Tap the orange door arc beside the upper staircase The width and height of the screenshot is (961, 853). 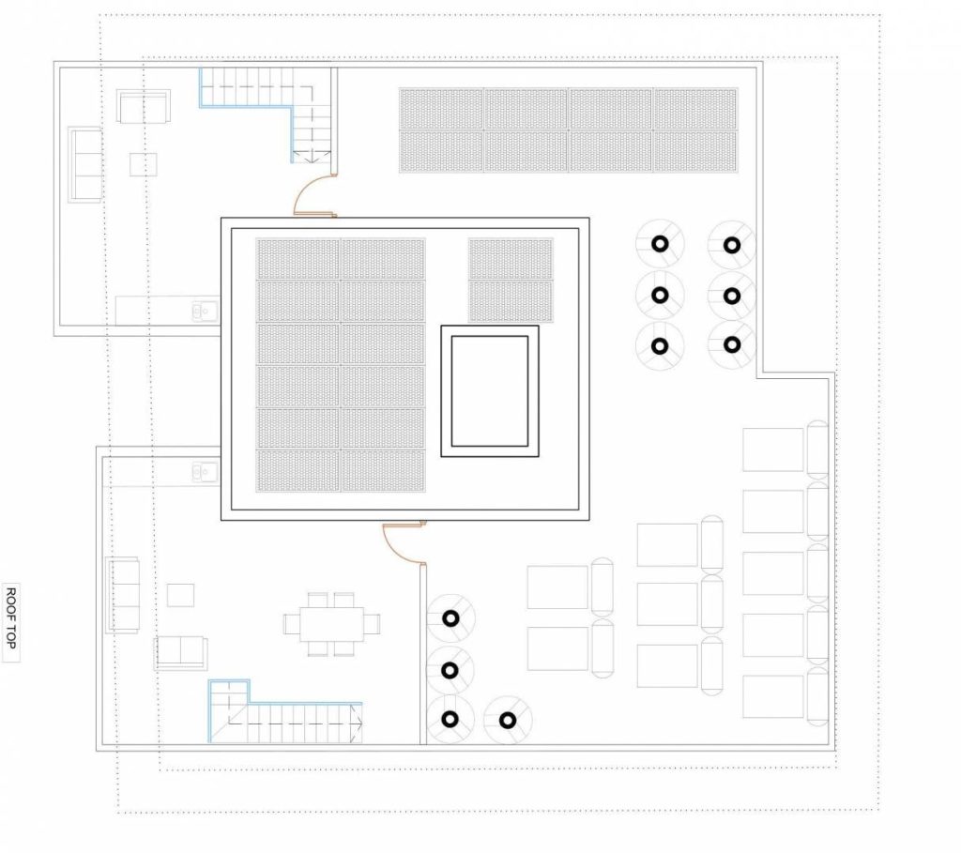point(313,195)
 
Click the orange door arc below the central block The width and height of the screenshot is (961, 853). point(402,542)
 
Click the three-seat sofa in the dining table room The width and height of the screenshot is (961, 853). point(122,594)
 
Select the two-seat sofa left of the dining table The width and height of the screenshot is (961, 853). point(181,651)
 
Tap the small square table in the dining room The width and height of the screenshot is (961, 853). point(180,595)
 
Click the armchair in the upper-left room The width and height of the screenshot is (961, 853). point(143,106)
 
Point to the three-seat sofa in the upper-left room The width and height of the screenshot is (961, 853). point(84,164)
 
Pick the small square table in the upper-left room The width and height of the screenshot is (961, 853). point(144,164)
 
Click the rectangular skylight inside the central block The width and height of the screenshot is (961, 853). point(489,390)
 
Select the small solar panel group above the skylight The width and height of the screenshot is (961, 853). point(511,281)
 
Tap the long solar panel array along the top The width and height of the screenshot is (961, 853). point(568,130)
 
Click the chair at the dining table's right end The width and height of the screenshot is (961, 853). point(373,622)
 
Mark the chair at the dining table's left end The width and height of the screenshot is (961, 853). point(291,622)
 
